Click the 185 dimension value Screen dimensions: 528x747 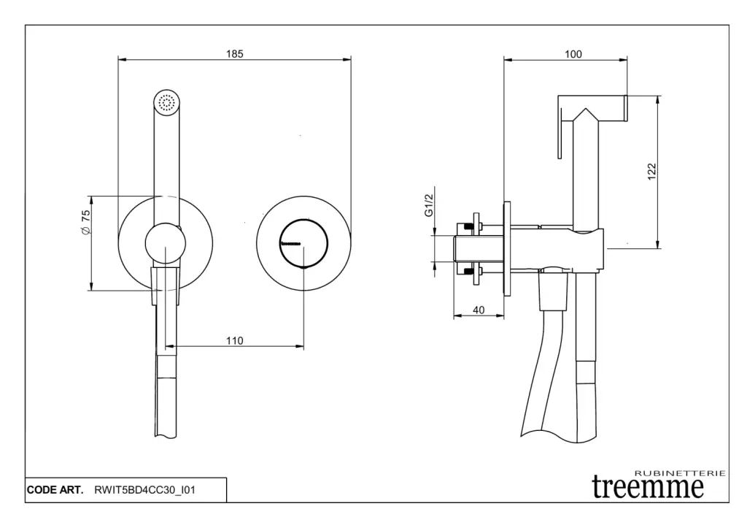point(234,53)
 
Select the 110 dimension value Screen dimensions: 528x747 point(234,340)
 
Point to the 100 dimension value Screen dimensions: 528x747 point(573,53)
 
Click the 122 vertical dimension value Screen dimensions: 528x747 point(652,170)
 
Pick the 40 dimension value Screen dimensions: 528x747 point(479,310)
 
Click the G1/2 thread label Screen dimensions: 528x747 point(430,207)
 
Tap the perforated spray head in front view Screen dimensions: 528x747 point(167,102)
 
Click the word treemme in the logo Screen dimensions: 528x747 point(648,486)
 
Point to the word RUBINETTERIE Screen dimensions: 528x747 point(680,472)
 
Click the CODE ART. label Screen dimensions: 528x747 point(55,490)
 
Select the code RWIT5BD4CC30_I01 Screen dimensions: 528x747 point(144,490)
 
